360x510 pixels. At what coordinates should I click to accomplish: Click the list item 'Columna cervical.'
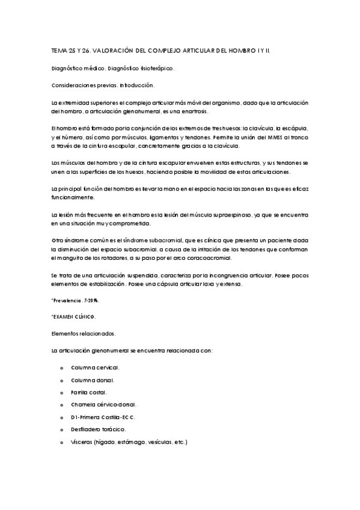point(95,367)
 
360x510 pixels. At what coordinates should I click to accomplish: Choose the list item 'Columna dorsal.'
point(93,380)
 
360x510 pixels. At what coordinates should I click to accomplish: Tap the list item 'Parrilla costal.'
point(89,392)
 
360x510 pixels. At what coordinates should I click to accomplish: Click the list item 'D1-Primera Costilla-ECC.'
point(103,417)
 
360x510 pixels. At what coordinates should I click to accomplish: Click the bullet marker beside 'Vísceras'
point(62,442)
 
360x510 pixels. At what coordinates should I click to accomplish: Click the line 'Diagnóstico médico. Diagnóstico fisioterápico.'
point(113,69)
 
